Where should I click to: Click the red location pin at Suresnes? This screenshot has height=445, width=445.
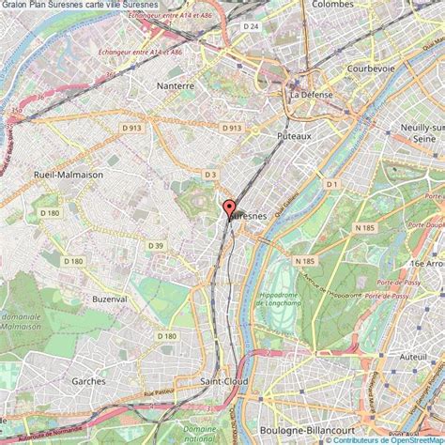pyautogui.click(x=228, y=209)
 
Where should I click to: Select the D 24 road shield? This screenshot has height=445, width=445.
pyautogui.click(x=250, y=26)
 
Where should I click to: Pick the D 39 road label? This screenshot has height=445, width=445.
pyautogui.click(x=155, y=246)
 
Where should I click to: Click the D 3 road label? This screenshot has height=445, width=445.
pyautogui.click(x=210, y=175)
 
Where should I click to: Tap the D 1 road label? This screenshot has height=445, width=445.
pyautogui.click(x=330, y=185)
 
